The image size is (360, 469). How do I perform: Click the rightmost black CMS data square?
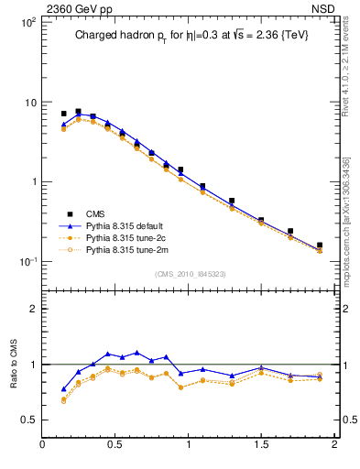(x=320, y=245)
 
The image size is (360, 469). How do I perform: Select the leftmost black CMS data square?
(x=63, y=114)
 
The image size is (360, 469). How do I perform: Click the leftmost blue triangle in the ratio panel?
(x=63, y=389)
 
